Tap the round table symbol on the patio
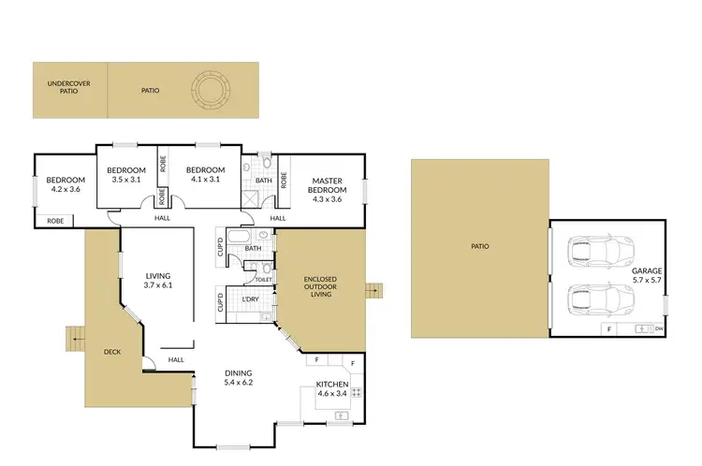[x=211, y=90]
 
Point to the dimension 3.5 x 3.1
[x=125, y=179]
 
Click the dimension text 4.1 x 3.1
[x=203, y=179]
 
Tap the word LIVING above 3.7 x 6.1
[x=157, y=275]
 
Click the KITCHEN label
[x=331, y=385]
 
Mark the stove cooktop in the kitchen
[x=357, y=394]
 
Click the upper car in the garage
[x=601, y=250]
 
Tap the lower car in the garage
[x=601, y=300]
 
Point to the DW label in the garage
[x=659, y=329]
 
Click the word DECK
[x=112, y=352]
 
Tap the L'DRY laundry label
[x=250, y=299]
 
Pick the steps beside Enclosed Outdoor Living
[x=375, y=289]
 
